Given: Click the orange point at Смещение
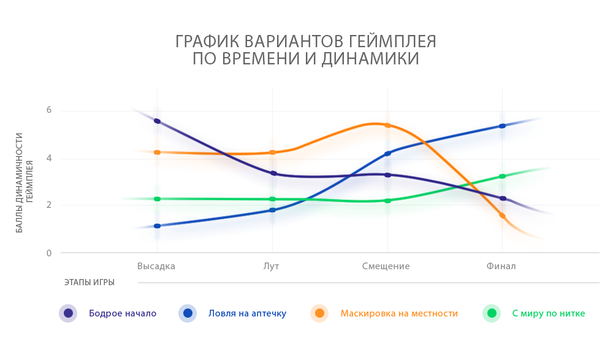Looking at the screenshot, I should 387,125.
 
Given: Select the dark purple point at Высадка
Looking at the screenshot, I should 158,121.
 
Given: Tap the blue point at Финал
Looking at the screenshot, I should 502,126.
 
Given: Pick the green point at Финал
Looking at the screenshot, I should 502,176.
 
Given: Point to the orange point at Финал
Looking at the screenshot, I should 502,215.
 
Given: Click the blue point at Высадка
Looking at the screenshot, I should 158,226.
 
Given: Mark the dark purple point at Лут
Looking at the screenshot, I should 273,173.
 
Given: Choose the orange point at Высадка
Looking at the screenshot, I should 158,152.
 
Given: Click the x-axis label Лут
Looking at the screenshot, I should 272,266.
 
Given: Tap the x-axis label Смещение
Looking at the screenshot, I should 386,266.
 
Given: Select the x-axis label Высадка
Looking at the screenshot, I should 156,266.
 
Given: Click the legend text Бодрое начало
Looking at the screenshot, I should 123,313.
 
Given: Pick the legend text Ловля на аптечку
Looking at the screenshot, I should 247,313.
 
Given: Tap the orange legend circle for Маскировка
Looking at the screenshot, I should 319,313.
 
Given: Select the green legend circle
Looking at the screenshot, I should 492,313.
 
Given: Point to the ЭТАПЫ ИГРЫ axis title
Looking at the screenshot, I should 89,283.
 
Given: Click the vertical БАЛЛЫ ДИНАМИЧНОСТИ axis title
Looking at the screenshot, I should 20,182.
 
